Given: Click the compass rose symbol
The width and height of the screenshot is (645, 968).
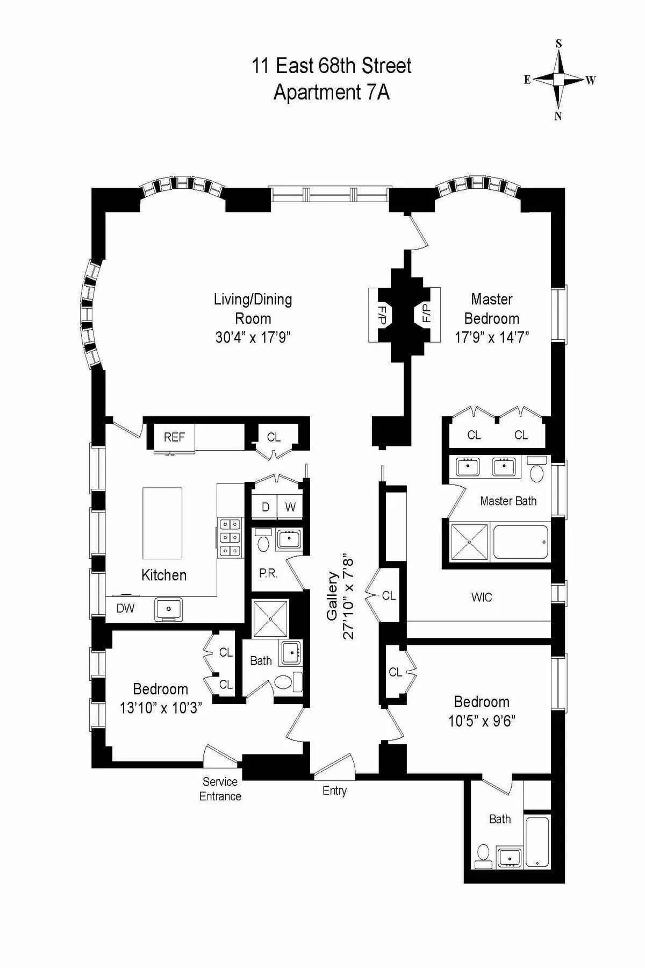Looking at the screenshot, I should click(559, 80).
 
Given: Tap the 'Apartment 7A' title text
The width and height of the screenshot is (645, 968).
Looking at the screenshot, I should click(332, 92).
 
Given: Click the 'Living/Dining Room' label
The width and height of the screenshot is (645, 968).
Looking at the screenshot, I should click(253, 309).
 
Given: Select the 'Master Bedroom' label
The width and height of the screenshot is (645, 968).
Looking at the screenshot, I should click(491, 309).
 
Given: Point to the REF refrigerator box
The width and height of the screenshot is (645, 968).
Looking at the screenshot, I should click(174, 437).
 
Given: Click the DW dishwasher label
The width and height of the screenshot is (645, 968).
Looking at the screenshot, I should click(125, 608).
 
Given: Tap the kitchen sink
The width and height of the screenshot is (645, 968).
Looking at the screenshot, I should click(169, 609).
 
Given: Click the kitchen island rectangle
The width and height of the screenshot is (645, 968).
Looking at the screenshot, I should click(162, 523).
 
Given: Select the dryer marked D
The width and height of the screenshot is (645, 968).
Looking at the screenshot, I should click(265, 507).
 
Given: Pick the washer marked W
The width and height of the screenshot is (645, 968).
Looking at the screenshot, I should click(290, 507).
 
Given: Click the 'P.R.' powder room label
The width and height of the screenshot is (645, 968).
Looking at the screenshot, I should click(268, 573).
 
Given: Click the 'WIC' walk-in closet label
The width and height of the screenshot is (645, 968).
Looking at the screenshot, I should click(481, 597).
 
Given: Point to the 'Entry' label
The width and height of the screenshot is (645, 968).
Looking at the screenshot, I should click(334, 791).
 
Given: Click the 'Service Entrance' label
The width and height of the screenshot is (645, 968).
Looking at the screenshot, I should click(220, 789).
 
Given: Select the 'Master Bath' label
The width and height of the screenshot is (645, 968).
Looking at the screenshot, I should click(508, 501).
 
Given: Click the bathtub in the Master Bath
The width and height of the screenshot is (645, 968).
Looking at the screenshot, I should click(520, 542).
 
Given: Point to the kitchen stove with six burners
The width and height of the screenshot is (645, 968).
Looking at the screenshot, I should click(230, 537).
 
